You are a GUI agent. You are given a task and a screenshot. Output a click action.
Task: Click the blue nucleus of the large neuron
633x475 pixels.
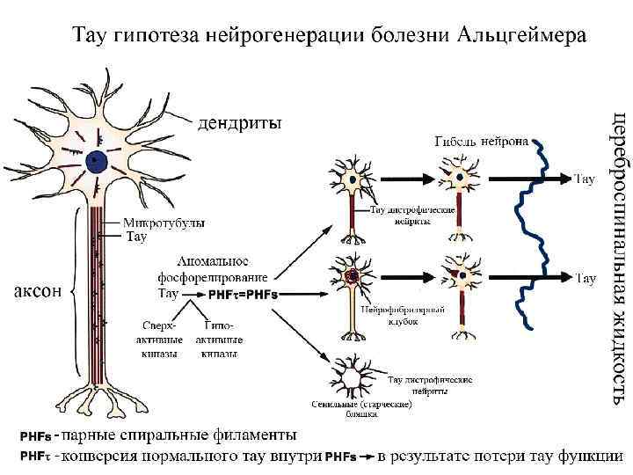point(96,162)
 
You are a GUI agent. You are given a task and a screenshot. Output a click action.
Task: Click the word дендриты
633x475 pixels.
point(239,123)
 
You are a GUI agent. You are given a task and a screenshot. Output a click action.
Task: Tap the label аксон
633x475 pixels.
point(36,291)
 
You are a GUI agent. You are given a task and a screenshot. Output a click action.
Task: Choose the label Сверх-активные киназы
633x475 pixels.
point(163,339)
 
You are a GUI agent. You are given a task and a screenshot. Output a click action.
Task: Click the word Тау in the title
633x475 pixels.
point(91,37)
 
